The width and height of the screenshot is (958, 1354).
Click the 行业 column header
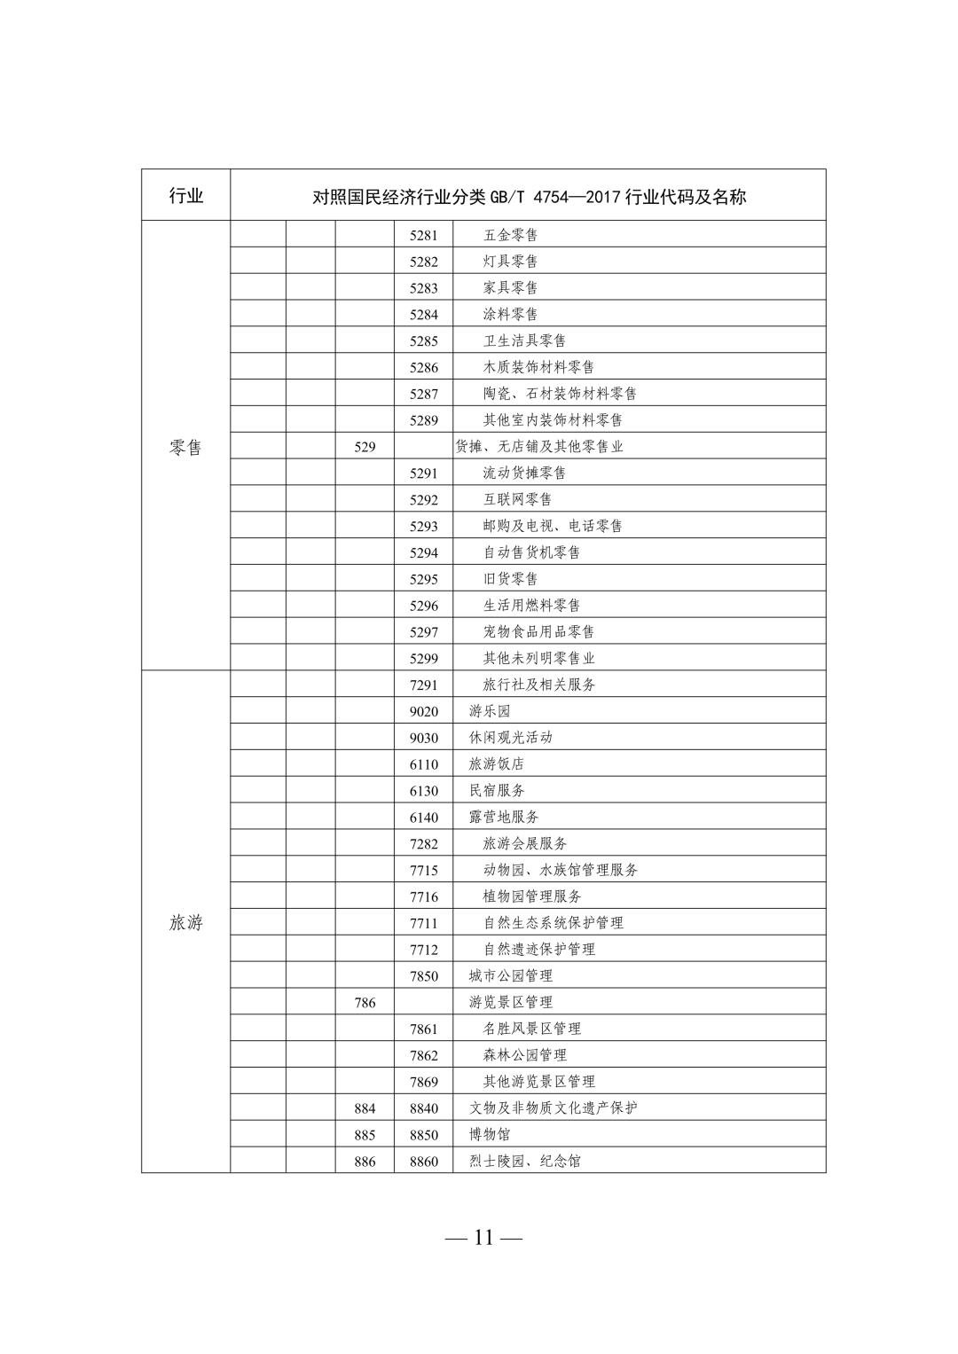[185, 195]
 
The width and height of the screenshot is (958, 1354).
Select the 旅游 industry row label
[185, 923]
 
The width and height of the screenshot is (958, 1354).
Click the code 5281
[424, 235]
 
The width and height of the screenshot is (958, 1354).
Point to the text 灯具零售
[510, 262]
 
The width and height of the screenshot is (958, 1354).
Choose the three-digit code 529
[365, 447]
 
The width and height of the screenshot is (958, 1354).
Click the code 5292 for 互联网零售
[424, 500]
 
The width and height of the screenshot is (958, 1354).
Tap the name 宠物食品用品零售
[538, 632]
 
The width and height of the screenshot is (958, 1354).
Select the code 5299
[424, 659]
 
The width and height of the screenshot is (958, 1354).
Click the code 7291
[424, 685]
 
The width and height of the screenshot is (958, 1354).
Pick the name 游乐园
[490, 711]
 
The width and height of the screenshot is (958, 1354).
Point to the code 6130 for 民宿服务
[424, 791]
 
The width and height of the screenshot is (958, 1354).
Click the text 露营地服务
[504, 817]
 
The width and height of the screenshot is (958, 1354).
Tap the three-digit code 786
[365, 1003]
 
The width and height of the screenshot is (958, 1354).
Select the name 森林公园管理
[524, 1055]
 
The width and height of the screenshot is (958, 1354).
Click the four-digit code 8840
[424, 1108]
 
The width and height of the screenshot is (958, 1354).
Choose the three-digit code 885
[365, 1135]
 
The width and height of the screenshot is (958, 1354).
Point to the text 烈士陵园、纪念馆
[525, 1161]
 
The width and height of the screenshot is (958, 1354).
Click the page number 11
[483, 1238]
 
